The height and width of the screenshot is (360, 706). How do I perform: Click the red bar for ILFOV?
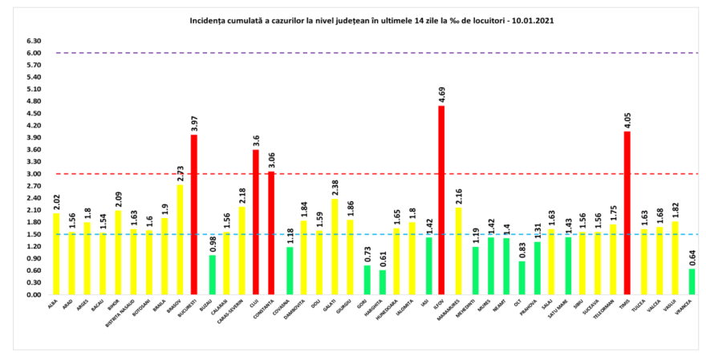[441, 200]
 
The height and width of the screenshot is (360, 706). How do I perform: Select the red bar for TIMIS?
[627, 213]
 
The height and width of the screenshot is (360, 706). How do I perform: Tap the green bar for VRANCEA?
[691, 281]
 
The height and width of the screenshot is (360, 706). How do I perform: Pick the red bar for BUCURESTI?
[194, 215]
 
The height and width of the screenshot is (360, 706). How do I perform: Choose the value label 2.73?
[179, 172]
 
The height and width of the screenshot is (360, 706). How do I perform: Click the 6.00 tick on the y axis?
[34, 53]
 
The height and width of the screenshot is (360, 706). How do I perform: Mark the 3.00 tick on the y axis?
[34, 174]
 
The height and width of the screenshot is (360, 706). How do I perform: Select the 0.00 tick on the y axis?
[34, 295]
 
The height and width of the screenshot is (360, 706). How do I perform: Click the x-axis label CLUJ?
[254, 305]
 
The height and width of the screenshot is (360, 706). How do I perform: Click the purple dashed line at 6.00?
[361, 53]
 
